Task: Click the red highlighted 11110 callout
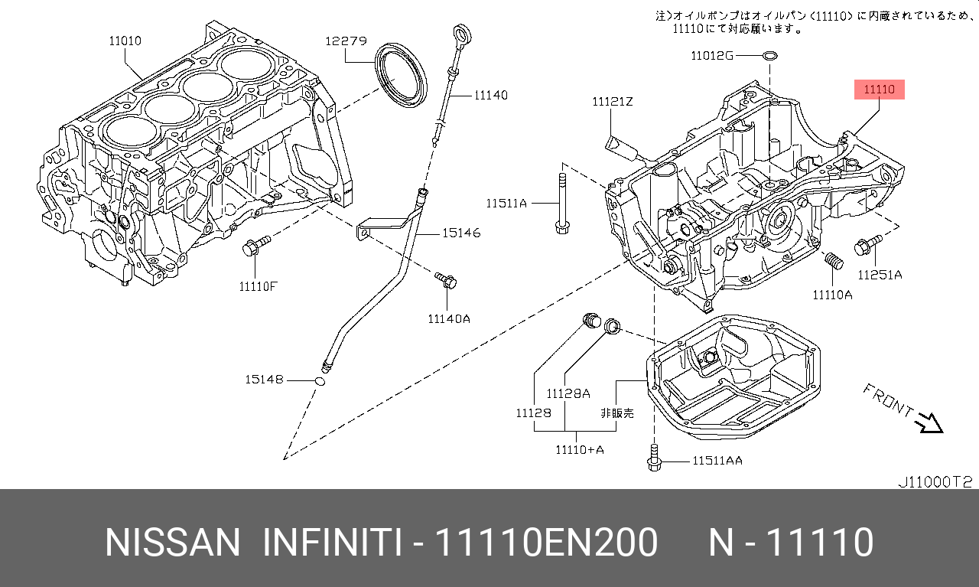coord(879,90)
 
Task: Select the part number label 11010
coord(125,41)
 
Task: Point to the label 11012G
coord(711,55)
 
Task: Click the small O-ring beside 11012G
coord(771,55)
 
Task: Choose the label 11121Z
coord(612,101)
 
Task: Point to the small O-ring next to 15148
coord(321,381)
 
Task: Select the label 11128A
coord(568,393)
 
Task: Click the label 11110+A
coord(579,449)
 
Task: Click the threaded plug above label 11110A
coord(834,262)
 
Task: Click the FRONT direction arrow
coord(929,421)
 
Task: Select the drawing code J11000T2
coord(934,482)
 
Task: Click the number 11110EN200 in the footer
coord(545,542)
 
